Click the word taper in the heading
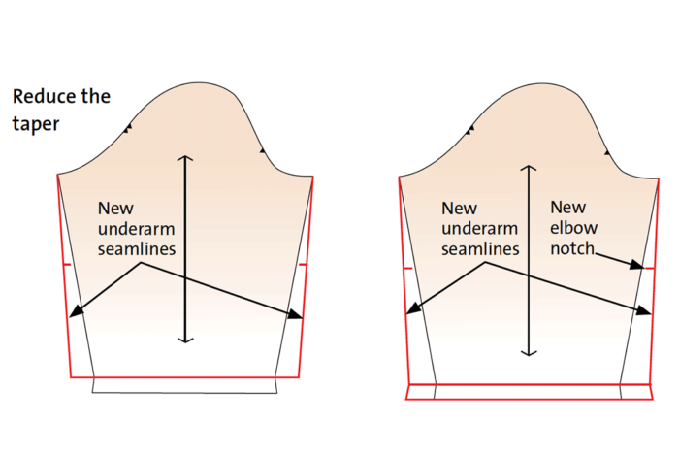tap(36, 124)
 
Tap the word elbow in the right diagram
tap(574, 227)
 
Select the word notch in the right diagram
tap(572, 248)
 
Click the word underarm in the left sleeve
tap(137, 229)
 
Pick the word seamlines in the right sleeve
tap(480, 249)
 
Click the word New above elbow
tap(568, 207)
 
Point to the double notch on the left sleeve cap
tap(128, 129)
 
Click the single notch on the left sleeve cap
tap(262, 150)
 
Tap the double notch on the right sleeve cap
tap(469, 129)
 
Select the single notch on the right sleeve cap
tap(607, 153)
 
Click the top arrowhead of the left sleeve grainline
tap(185, 157)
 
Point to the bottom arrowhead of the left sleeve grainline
tap(185, 340)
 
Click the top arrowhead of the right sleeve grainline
tap(529, 167)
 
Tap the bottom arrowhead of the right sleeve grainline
tap(529, 353)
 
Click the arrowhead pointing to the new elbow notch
tap(637, 265)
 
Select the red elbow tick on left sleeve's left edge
tap(67, 264)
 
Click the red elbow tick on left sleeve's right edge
tap(303, 264)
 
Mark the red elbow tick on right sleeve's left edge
tap(407, 269)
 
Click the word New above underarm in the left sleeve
tap(115, 209)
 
